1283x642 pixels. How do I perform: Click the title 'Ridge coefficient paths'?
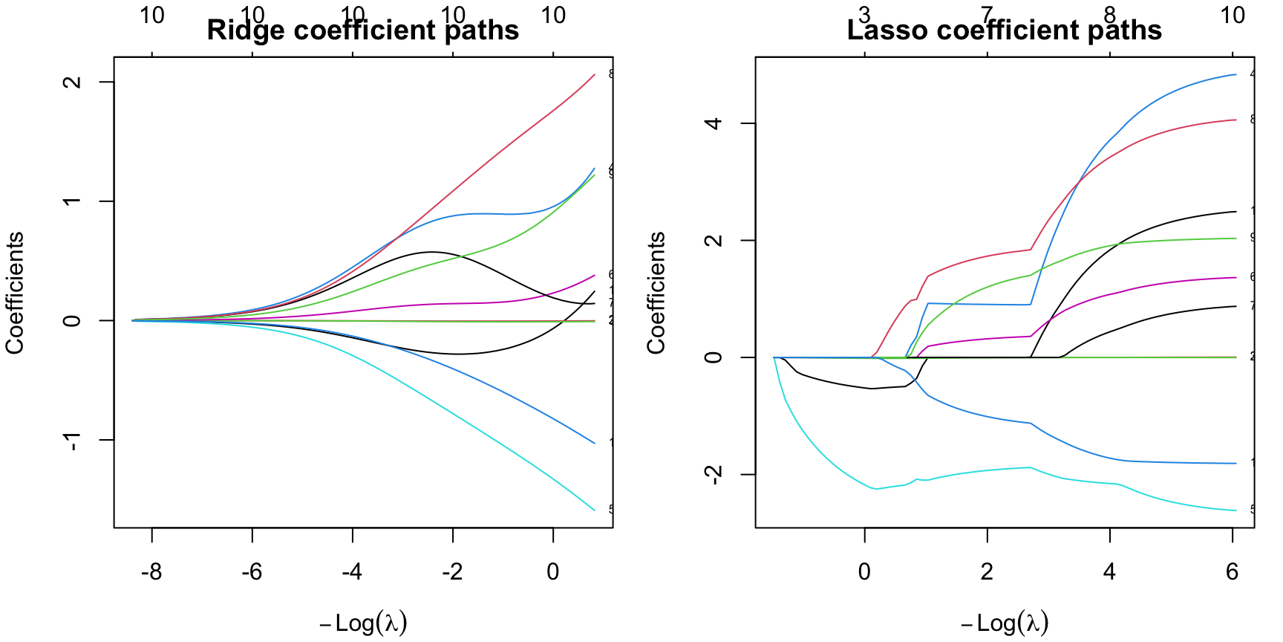(362, 30)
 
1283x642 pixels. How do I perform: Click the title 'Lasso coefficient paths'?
(1004, 30)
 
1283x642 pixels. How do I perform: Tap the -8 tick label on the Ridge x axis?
(151, 572)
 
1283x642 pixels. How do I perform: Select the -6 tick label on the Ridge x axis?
(252, 572)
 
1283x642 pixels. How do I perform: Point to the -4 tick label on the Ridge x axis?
(352, 572)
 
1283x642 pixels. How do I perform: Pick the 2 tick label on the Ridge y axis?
(72, 82)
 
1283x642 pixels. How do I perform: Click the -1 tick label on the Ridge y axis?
(72, 441)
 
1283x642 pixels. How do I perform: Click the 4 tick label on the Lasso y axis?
(714, 123)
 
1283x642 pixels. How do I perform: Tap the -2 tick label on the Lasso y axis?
(714, 475)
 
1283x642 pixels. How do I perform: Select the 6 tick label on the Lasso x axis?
(1233, 572)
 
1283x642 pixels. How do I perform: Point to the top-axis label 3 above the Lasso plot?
(864, 15)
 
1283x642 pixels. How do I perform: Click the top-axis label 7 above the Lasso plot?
(987, 15)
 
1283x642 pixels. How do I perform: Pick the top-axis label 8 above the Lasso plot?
(1109, 15)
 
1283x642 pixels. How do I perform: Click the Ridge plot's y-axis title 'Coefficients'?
(16, 293)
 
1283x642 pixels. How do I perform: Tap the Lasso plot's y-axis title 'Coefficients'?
(656, 293)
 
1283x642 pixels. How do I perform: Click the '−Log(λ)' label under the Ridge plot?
(364, 623)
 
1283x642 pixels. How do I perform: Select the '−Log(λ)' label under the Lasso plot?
(1005, 623)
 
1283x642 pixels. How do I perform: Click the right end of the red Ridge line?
(595, 74)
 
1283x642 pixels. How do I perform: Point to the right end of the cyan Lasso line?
(1236, 510)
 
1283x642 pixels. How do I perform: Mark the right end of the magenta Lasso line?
(1236, 278)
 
